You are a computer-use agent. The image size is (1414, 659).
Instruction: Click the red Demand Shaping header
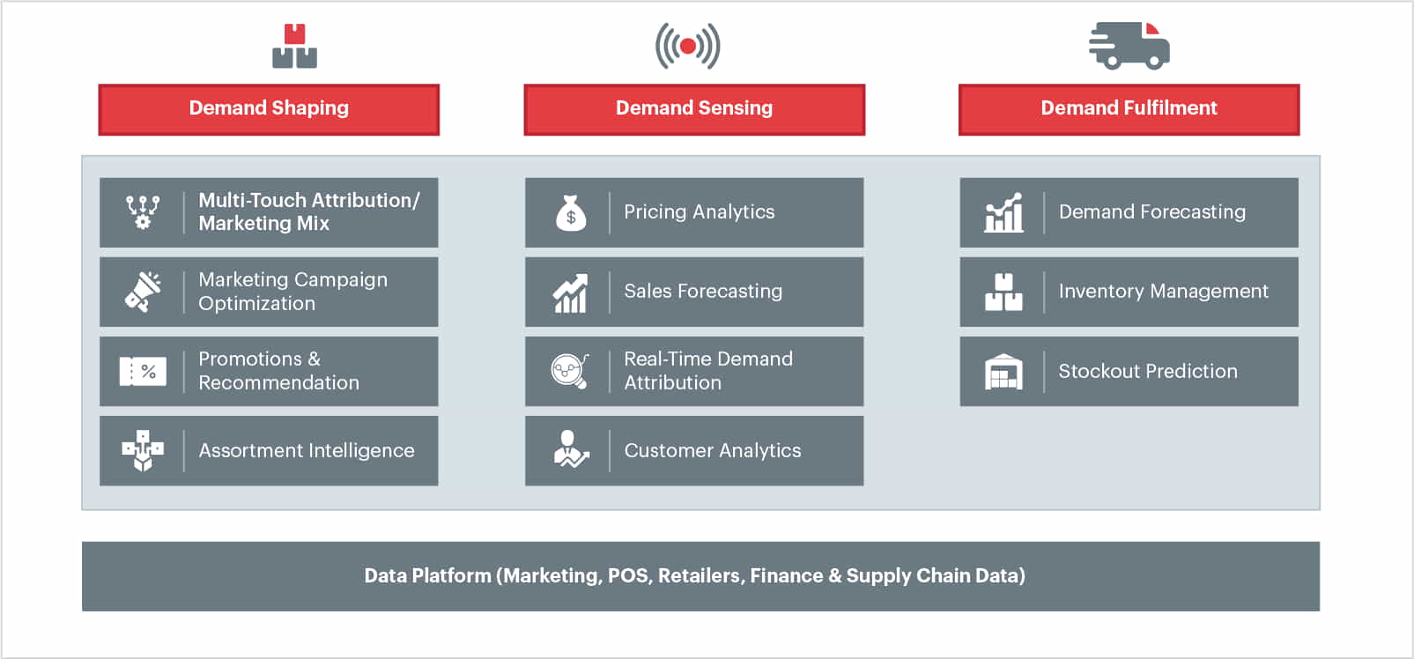tap(269, 109)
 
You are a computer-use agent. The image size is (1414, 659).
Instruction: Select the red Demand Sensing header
tap(694, 109)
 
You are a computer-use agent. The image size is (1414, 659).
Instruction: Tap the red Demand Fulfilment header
tap(1129, 109)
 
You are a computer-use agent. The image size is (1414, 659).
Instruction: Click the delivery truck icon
tap(1129, 46)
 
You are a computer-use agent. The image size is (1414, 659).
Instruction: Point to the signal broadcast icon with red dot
tap(688, 46)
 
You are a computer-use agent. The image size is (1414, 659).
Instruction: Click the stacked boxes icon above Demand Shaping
tap(294, 47)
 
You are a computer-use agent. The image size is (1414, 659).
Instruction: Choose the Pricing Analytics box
tap(694, 212)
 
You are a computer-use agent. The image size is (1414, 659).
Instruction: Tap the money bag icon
tap(571, 213)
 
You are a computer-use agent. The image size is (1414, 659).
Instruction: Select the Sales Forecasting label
tap(703, 292)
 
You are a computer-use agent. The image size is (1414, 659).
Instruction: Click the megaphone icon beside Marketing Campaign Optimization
tap(143, 292)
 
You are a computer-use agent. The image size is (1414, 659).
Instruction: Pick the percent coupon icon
tap(143, 372)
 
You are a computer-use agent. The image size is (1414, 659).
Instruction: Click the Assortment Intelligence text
tap(307, 451)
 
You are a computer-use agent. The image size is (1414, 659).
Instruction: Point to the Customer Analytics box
tap(694, 450)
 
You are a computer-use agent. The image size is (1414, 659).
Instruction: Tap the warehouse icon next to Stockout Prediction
tap(1003, 372)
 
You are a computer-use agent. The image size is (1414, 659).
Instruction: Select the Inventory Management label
tap(1163, 292)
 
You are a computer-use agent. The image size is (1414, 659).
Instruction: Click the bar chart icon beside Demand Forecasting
tap(1003, 213)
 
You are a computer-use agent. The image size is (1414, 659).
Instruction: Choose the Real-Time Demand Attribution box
tap(694, 371)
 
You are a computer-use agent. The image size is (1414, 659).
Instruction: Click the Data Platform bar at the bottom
tap(700, 576)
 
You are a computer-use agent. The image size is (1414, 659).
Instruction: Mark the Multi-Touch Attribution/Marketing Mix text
tap(309, 212)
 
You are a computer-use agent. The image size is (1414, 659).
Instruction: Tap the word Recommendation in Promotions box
tap(279, 383)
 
